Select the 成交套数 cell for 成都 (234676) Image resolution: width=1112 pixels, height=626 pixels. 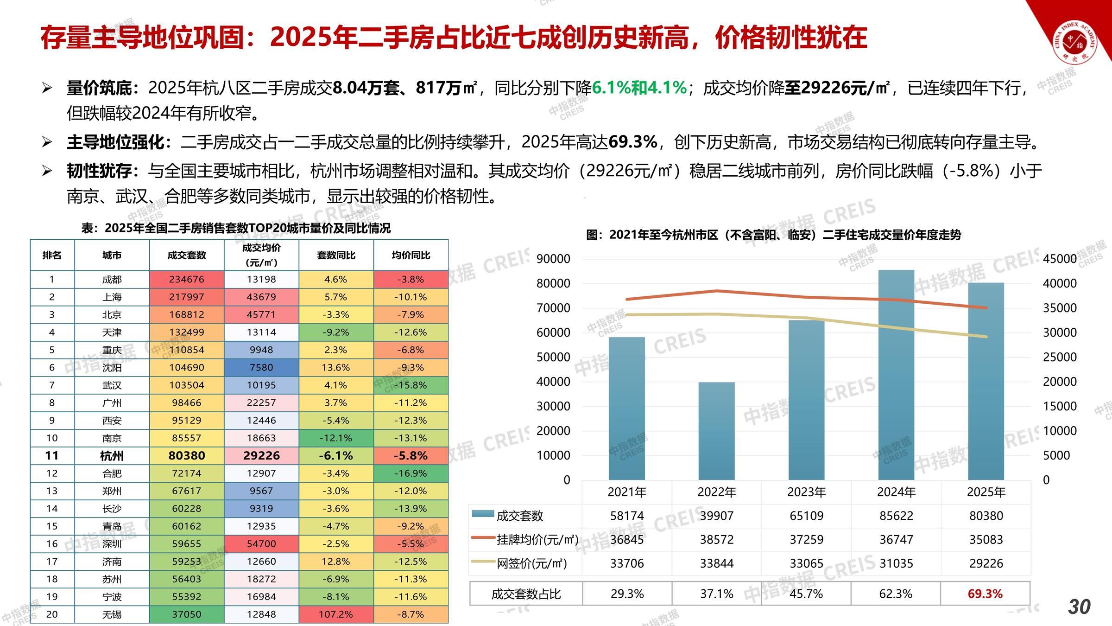[187, 280]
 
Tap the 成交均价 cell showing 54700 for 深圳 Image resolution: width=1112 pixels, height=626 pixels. [261, 544]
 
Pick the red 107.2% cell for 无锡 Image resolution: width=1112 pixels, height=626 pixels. [336, 614]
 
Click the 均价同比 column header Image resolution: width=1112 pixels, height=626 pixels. [411, 255]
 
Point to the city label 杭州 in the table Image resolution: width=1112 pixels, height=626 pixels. [112, 456]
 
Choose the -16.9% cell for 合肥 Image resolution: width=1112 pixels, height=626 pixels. [411, 473]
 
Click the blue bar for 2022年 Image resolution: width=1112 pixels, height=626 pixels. [716, 431]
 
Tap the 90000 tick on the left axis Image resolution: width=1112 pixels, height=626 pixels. [553, 259]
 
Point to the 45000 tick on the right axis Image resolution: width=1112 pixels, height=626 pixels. [1060, 259]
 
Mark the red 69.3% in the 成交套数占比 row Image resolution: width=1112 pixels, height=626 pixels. [985, 594]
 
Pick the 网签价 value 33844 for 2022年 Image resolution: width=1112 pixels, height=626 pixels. [717, 563]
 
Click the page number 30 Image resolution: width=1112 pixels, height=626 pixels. [1079, 607]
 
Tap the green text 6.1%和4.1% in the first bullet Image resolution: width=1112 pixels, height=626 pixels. [639, 88]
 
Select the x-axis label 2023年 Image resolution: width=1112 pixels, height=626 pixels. [806, 492]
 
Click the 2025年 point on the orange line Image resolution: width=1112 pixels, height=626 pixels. [986, 308]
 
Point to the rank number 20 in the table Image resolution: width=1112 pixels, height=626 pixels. [52, 614]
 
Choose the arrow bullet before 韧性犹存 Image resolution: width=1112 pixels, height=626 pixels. [47, 171]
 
